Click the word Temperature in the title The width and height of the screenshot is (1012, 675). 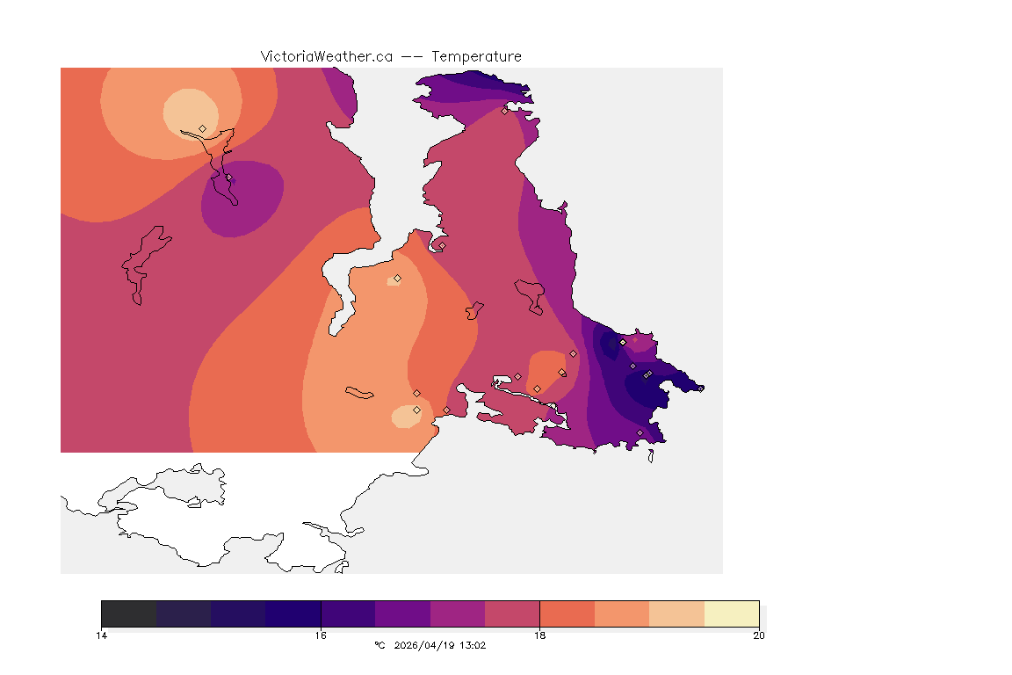coord(476,56)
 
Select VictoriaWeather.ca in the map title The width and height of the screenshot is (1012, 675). coord(326,56)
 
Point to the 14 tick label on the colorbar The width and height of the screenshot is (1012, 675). coord(102,635)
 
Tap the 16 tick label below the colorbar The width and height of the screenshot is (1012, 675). coord(321,635)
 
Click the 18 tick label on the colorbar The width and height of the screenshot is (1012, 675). coord(539,635)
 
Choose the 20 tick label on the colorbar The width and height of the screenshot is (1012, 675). coord(758,635)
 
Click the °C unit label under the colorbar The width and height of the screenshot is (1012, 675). coord(379,645)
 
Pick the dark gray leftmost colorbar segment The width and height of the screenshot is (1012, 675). coord(129,613)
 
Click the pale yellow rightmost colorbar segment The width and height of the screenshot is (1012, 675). coord(731,613)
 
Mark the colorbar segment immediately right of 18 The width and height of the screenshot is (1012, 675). coord(567,613)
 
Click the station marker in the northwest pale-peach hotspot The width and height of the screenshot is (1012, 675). coord(203,128)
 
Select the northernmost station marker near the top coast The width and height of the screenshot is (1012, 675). coord(505,111)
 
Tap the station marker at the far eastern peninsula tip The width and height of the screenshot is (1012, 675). coord(648,374)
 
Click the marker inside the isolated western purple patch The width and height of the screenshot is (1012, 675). coord(229,178)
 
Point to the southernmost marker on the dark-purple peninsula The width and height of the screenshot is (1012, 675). coord(640,432)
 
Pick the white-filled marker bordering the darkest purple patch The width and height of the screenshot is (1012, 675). coord(623,342)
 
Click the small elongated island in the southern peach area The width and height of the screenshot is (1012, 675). coord(360,392)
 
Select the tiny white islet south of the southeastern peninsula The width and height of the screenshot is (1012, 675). coord(651,456)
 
